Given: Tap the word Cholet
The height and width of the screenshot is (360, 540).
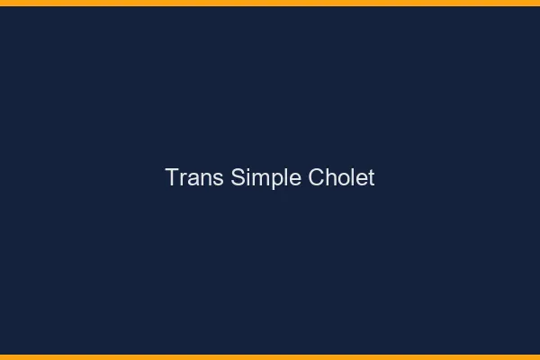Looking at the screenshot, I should point(341,177).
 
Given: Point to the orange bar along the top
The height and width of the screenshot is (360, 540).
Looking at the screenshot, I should point(270,3).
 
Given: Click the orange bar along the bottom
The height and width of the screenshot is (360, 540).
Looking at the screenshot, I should point(270,356).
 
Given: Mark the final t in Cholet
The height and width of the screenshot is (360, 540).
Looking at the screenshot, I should point(371,178).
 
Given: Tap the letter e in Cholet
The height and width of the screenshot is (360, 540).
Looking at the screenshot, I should point(360,179).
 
